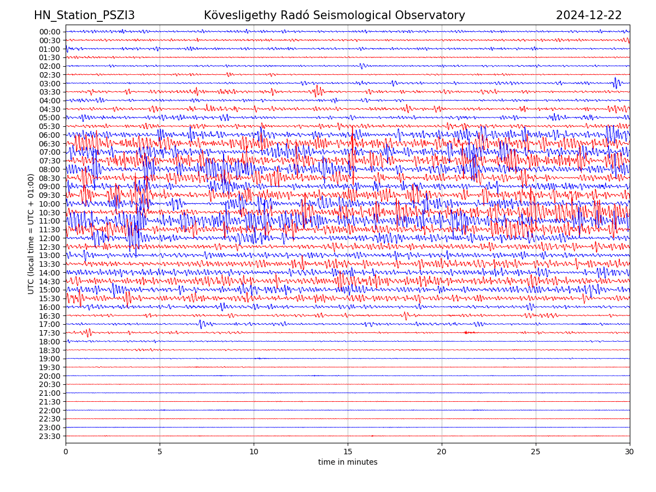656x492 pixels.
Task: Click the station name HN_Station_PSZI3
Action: point(84,15)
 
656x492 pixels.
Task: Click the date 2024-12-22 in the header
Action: point(589,15)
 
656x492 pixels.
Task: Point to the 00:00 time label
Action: point(49,32)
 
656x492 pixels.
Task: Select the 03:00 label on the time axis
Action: point(49,84)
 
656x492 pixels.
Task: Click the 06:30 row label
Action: point(49,144)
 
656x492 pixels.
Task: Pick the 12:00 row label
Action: point(49,238)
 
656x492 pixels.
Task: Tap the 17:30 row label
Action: point(49,333)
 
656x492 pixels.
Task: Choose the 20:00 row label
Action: point(49,376)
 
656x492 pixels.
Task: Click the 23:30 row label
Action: point(49,436)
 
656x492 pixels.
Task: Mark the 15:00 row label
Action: point(49,290)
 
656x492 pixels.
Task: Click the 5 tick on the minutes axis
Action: point(160,452)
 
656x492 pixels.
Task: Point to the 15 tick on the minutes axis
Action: point(348,452)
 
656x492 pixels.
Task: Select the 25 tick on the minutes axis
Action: point(536,452)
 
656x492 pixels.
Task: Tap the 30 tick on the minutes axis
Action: point(630,452)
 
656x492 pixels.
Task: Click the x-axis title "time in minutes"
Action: point(348,462)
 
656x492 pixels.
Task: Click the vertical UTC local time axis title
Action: point(31,233)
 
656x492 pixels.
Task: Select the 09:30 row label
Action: point(49,195)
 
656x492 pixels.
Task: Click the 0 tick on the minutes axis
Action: point(66,452)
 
